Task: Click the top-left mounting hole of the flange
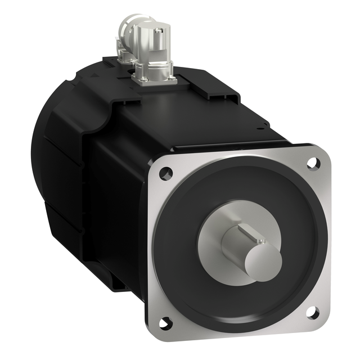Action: (x=164, y=173)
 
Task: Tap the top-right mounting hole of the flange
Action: (x=310, y=163)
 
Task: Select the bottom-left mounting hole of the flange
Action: (x=165, y=322)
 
